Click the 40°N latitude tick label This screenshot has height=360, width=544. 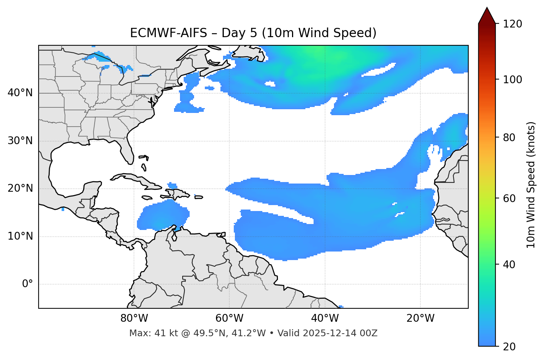[x=20, y=93]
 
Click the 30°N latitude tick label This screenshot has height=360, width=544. [x=20, y=141]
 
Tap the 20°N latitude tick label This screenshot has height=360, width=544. [x=20, y=188]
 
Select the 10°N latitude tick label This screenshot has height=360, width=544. [x=20, y=236]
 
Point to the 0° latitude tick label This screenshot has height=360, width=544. [x=27, y=284]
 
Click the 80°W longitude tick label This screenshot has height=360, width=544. [x=134, y=318]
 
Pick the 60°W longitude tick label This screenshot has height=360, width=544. [x=229, y=318]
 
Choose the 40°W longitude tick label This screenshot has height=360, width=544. [x=325, y=318]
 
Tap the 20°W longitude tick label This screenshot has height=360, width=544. [x=420, y=318]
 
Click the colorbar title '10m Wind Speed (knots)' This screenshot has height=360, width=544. [x=531, y=185]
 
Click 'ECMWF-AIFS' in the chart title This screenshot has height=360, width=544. [x=168, y=33]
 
